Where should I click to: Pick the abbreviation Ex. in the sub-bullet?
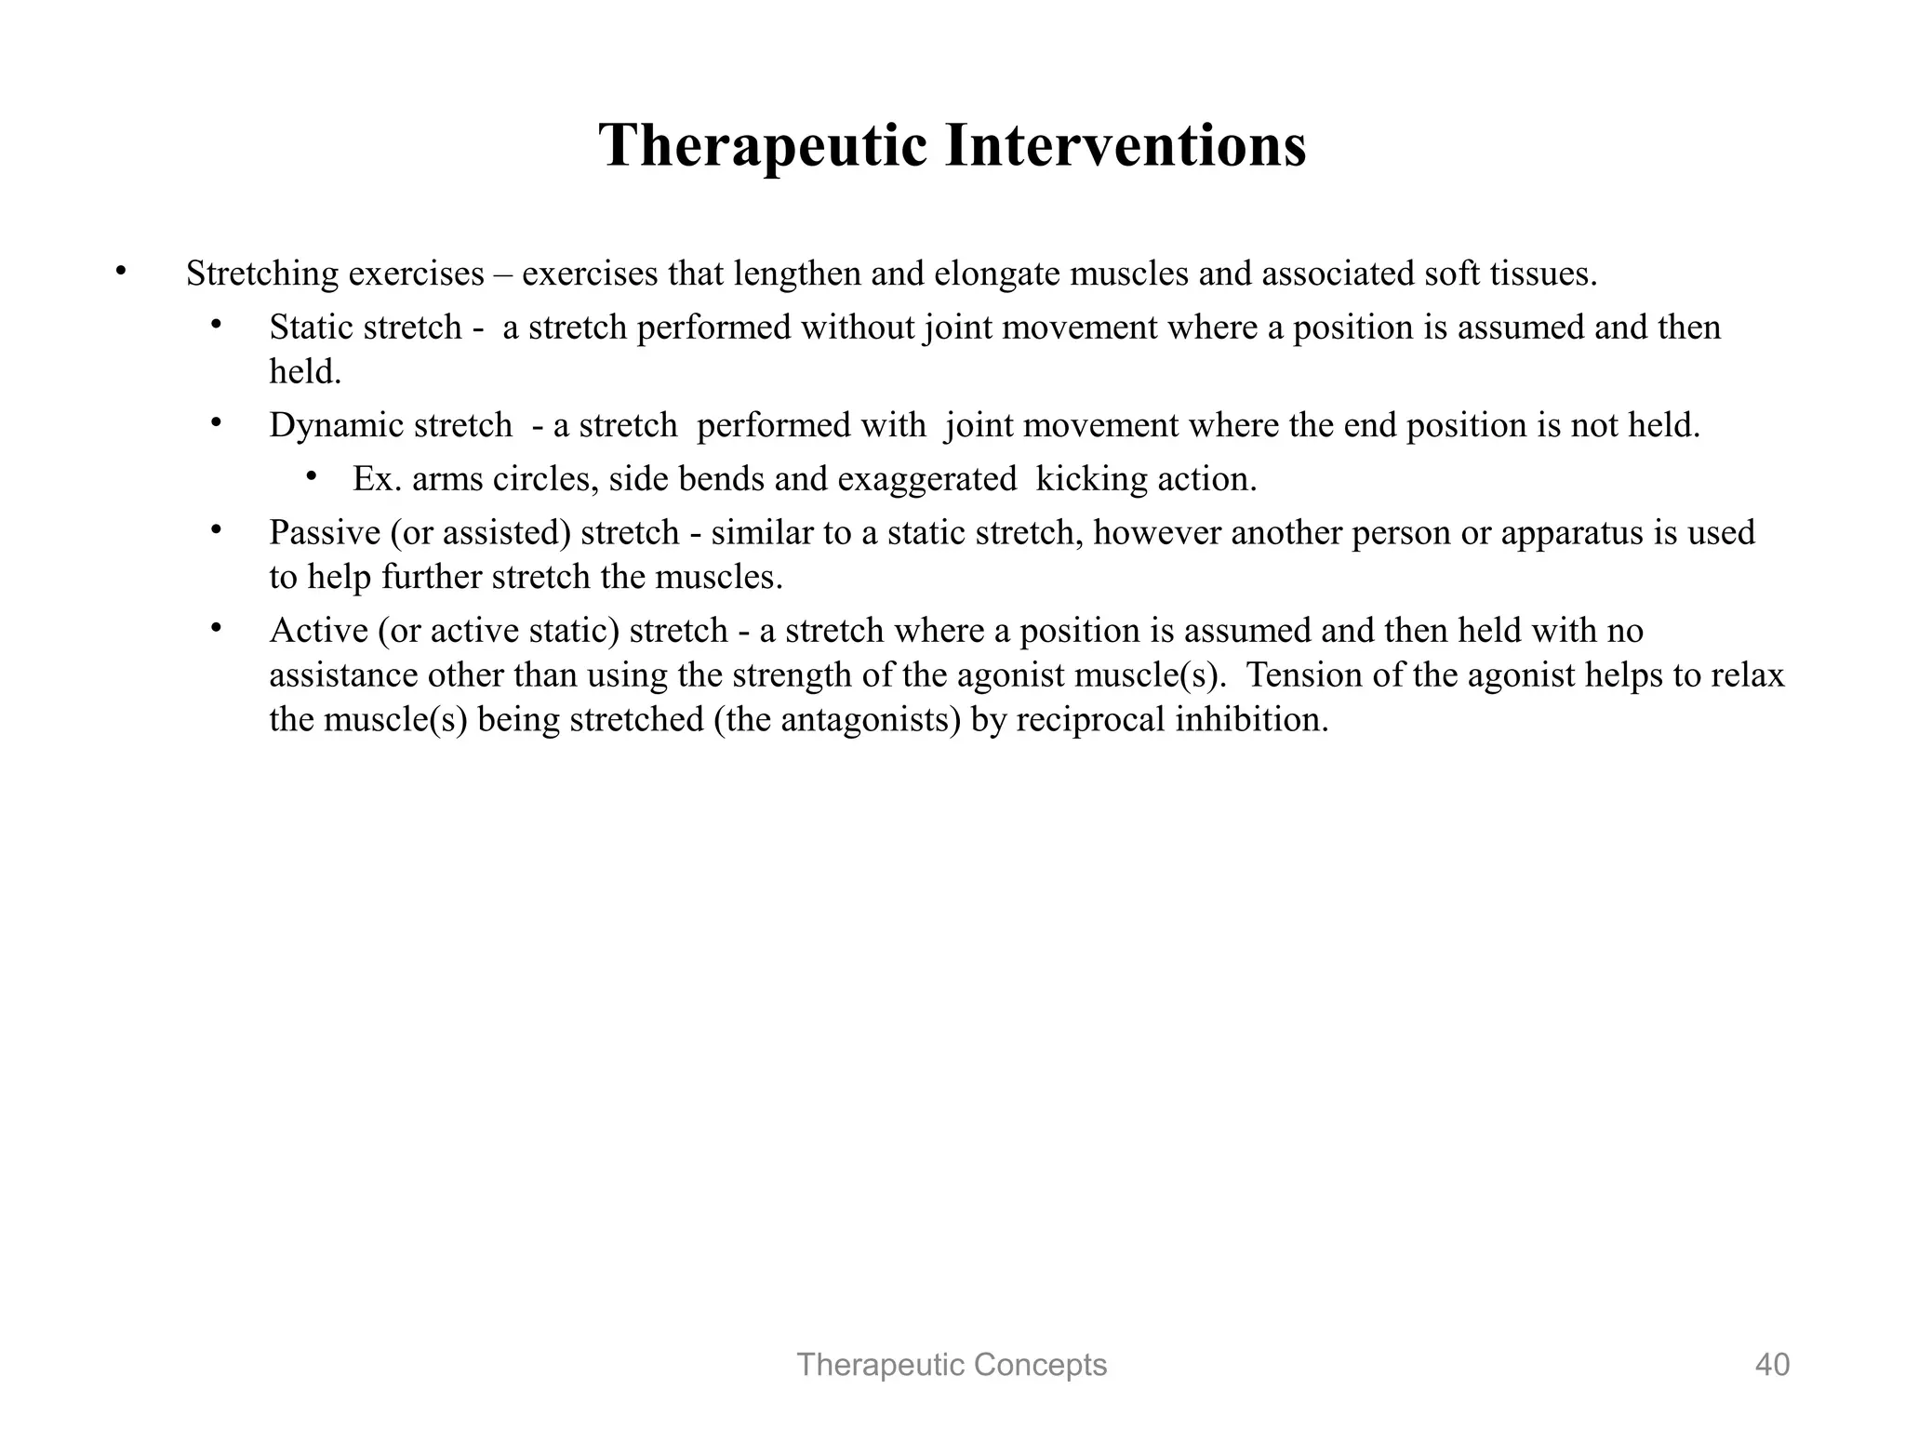pos(377,479)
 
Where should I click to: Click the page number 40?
pos(1772,1365)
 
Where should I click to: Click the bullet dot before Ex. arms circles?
pos(312,476)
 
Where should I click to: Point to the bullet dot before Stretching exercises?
pos(119,272)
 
